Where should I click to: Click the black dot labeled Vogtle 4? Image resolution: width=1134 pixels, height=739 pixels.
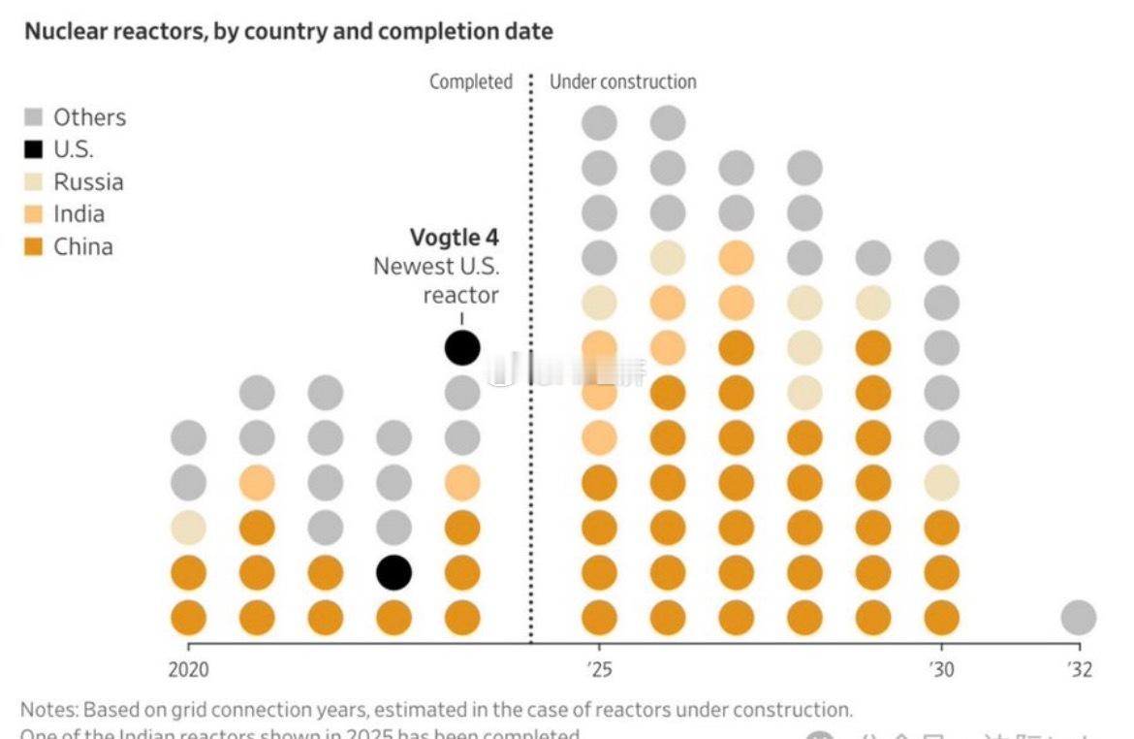pyautogui.click(x=462, y=347)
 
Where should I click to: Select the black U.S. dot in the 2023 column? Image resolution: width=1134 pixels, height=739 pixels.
pyautogui.click(x=394, y=572)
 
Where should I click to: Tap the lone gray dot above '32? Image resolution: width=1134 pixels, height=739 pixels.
pyautogui.click(x=1078, y=617)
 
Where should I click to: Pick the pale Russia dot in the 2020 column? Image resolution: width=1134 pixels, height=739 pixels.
pyautogui.click(x=188, y=528)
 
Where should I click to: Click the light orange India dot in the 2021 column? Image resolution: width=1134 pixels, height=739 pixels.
pyautogui.click(x=257, y=482)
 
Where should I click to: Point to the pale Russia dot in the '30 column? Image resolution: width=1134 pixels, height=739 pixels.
pyautogui.click(x=941, y=482)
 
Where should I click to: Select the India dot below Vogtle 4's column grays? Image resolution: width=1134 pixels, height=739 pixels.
pyautogui.click(x=462, y=482)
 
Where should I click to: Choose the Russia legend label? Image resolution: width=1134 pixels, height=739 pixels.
pyautogui.click(x=88, y=182)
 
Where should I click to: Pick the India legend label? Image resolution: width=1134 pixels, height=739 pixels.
pyautogui.click(x=79, y=214)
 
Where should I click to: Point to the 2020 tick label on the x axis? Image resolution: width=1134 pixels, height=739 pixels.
pyautogui.click(x=188, y=669)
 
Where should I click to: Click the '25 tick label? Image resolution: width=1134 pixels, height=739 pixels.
pyautogui.click(x=599, y=669)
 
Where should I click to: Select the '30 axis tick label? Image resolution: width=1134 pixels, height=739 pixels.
pyautogui.click(x=941, y=669)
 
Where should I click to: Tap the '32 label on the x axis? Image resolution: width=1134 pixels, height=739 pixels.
pyautogui.click(x=1079, y=669)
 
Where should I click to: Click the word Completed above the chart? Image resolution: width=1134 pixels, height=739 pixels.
pyautogui.click(x=471, y=82)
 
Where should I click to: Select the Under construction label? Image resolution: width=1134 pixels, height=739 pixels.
pyautogui.click(x=622, y=82)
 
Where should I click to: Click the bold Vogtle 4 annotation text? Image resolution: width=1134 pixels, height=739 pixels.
pyautogui.click(x=455, y=238)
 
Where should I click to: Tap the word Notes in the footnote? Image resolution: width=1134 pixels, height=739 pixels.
pyautogui.click(x=47, y=710)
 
